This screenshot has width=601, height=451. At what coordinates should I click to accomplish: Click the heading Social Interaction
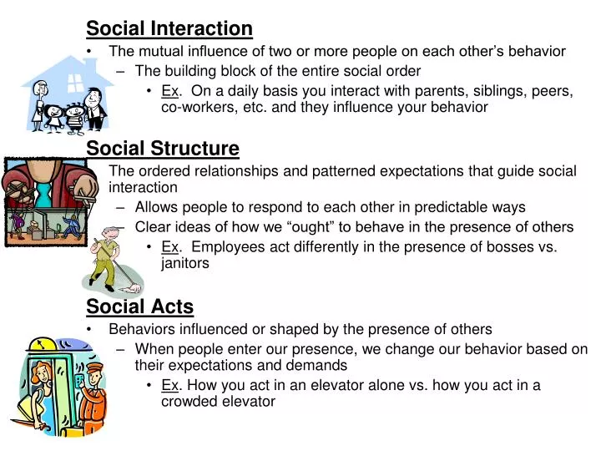tap(169, 29)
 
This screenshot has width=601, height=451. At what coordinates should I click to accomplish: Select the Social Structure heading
tap(163, 149)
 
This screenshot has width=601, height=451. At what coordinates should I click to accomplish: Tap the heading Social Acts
tap(139, 307)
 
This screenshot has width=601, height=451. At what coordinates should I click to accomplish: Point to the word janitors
tap(184, 263)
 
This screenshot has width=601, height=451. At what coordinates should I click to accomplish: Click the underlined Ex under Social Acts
tap(169, 385)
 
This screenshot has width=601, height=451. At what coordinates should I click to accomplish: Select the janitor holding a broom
tap(108, 259)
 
